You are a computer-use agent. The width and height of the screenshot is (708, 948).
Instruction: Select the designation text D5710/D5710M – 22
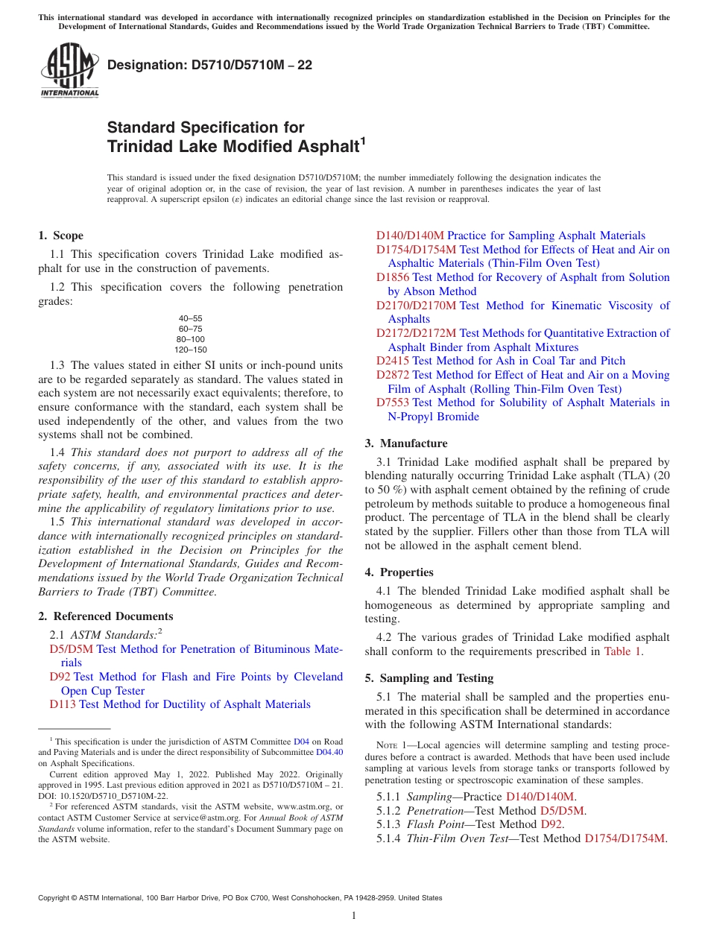pyautogui.click(x=209, y=66)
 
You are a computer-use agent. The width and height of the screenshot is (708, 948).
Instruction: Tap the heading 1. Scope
pyautogui.click(x=60, y=236)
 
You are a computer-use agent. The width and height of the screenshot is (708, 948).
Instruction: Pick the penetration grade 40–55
pyautogui.click(x=190, y=318)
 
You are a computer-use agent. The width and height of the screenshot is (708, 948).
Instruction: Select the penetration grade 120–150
pyautogui.click(x=190, y=350)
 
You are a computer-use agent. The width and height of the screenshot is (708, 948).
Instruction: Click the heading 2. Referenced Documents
pyautogui.click(x=105, y=616)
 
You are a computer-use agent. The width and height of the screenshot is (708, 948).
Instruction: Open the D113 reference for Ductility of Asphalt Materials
pyautogui.click(x=63, y=704)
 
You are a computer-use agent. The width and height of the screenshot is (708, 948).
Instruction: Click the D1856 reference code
pyautogui.click(x=392, y=277)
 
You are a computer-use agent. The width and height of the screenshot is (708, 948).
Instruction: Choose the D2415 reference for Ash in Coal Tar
pyautogui.click(x=392, y=361)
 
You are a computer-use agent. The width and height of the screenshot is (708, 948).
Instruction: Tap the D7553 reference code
pyautogui.click(x=392, y=402)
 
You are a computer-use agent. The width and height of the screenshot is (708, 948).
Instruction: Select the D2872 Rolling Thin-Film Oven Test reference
pyautogui.click(x=392, y=375)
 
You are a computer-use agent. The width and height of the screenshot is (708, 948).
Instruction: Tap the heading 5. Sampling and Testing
pyautogui.click(x=429, y=678)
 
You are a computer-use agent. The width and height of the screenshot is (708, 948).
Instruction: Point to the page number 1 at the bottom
pyautogui.click(x=354, y=915)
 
